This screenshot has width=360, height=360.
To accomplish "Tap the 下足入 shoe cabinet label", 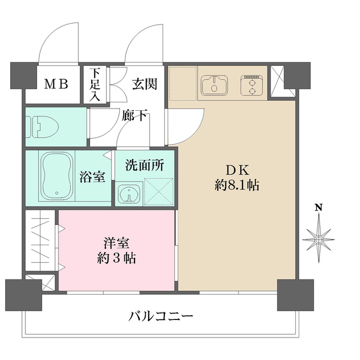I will [x=95, y=85].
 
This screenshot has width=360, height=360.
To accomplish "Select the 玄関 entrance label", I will [x=144, y=84].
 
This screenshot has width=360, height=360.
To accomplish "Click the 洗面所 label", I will [x=144, y=165].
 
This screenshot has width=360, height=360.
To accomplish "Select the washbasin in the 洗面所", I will [x=129, y=193].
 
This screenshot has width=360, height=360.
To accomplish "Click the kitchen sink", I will [x=213, y=85].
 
